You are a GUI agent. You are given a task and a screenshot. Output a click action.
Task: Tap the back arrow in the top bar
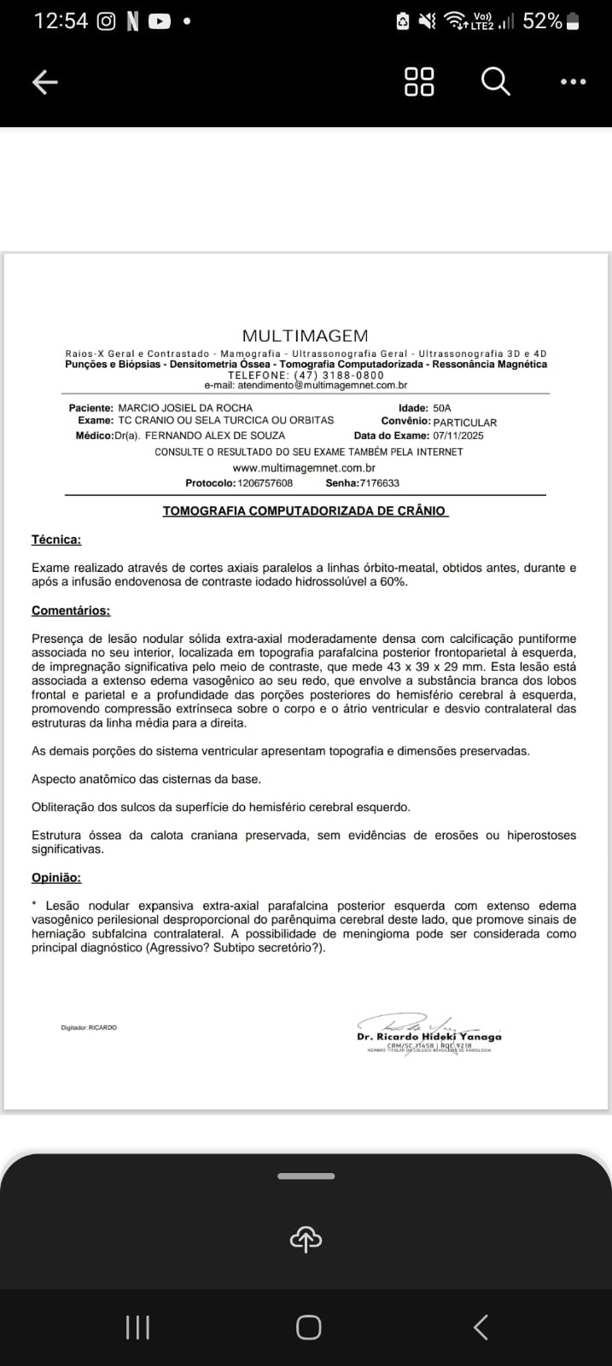pyautogui.click(x=44, y=82)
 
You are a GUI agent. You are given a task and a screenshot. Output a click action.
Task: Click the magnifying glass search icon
pyautogui.click(x=495, y=82)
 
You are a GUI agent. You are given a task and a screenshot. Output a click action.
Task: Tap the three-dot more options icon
pyautogui.click(x=573, y=82)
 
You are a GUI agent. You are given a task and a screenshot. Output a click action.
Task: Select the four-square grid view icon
pyautogui.click(x=418, y=82)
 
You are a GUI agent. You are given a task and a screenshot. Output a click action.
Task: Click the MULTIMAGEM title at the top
pyautogui.click(x=305, y=336)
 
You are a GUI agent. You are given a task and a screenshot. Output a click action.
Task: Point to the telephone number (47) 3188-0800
pyautogui.click(x=339, y=376)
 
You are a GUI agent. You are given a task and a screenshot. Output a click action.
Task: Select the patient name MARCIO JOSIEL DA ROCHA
pyautogui.click(x=185, y=408)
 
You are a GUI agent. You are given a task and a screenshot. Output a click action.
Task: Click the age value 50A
pyautogui.click(x=442, y=408)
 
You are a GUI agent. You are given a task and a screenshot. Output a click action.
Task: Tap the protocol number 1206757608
pyautogui.click(x=265, y=483)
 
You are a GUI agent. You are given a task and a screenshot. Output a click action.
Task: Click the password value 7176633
pyautogui.click(x=379, y=483)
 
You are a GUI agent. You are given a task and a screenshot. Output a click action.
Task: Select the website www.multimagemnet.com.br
pyautogui.click(x=304, y=468)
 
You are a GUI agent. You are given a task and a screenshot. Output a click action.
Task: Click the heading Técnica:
pyautogui.click(x=56, y=540)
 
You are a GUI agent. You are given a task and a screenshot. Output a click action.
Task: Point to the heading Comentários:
pyautogui.click(x=71, y=610)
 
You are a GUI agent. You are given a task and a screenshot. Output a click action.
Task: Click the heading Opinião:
pyautogui.click(x=56, y=878)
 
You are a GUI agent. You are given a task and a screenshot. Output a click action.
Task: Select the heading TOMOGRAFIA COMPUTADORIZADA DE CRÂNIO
pyautogui.click(x=305, y=511)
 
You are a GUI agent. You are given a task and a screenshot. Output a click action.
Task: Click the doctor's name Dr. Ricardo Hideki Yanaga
pyautogui.click(x=428, y=1036)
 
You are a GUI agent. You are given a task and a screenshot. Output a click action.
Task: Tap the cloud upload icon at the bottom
pyautogui.click(x=306, y=1239)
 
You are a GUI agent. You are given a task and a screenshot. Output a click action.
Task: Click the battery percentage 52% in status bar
pyautogui.click(x=542, y=21)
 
